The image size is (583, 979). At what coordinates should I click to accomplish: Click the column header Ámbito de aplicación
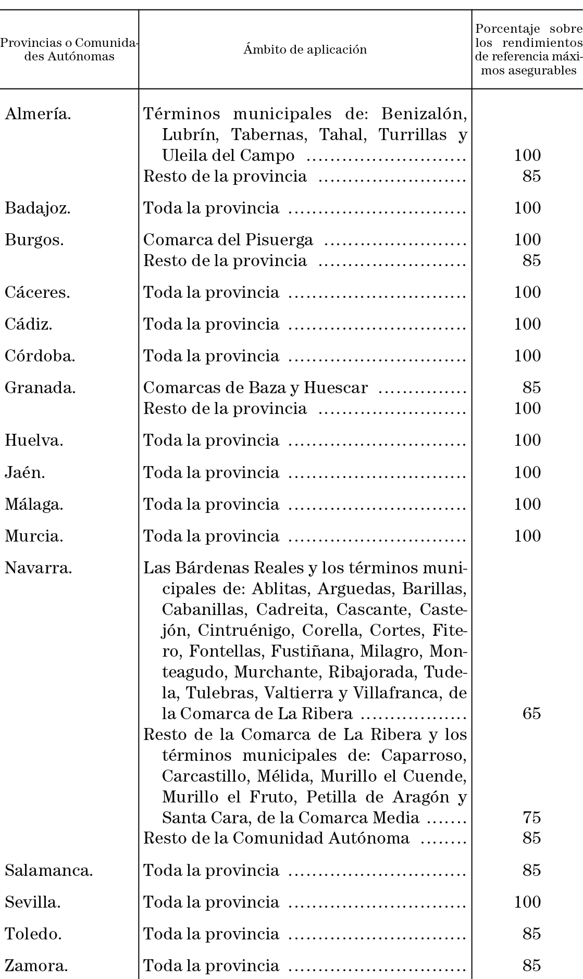(305, 49)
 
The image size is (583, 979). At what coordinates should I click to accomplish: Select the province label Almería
(38, 114)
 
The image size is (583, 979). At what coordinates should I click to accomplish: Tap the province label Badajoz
(38, 208)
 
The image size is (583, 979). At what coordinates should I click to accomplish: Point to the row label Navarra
(38, 568)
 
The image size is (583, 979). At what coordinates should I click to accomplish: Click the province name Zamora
(36, 965)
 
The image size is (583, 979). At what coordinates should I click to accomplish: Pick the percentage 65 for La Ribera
(531, 713)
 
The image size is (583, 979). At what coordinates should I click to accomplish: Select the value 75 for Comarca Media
(531, 818)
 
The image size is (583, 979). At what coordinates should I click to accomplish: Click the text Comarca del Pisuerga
(228, 240)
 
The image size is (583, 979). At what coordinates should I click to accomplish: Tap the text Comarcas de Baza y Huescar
(255, 387)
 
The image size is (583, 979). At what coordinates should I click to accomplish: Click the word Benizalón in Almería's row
(423, 114)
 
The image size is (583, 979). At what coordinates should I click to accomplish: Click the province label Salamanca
(49, 870)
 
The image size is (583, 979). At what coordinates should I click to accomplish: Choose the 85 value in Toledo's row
(531, 934)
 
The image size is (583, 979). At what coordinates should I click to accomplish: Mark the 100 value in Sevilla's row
(527, 902)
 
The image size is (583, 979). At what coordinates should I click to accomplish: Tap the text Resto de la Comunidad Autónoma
(276, 838)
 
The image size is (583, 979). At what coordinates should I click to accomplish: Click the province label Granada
(40, 387)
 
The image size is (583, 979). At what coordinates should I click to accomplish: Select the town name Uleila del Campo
(228, 155)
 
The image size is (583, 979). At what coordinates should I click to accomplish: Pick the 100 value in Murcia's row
(527, 536)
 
